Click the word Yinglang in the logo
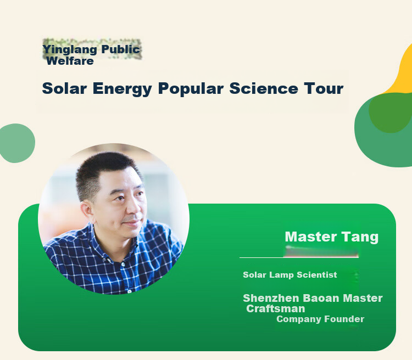coord(70,50)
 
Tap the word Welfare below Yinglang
coord(70,61)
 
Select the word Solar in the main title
coord(64,88)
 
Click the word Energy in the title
coord(122,89)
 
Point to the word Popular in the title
coord(191,89)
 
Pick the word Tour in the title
coord(324,88)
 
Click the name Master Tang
coord(332,237)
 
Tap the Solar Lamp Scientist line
coord(290,275)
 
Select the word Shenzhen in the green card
coord(271,299)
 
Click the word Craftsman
coord(276,309)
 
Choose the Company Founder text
coord(320,319)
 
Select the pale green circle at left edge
coord(17,143)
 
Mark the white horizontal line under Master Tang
coord(299,257)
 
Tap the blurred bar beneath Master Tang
coord(321,251)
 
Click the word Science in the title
coord(264,88)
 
